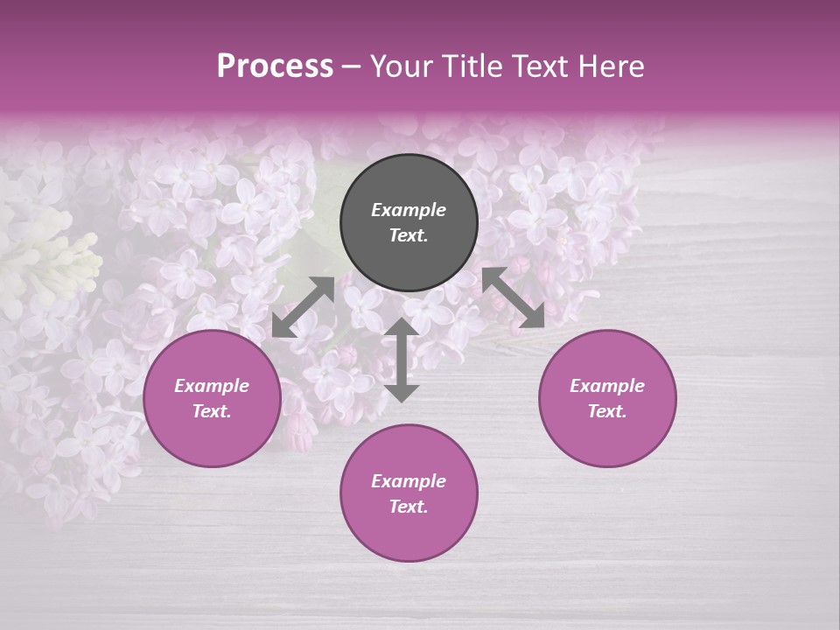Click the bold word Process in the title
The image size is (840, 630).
click(x=275, y=66)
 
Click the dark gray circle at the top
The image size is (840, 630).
click(x=409, y=179)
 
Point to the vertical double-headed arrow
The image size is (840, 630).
click(x=402, y=360)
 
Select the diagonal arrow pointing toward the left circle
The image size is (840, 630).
click(x=303, y=307)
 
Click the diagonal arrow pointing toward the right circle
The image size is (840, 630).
click(x=513, y=297)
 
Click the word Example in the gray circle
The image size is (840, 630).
click(x=409, y=210)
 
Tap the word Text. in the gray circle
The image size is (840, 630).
click(x=409, y=235)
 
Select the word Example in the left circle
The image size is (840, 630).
click(x=212, y=386)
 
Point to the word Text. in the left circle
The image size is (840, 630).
click(x=212, y=411)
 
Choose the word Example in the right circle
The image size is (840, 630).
click(x=607, y=386)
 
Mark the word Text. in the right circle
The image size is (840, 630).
click(x=607, y=411)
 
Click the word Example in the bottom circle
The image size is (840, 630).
click(x=409, y=481)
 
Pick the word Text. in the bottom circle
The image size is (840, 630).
click(x=409, y=507)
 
